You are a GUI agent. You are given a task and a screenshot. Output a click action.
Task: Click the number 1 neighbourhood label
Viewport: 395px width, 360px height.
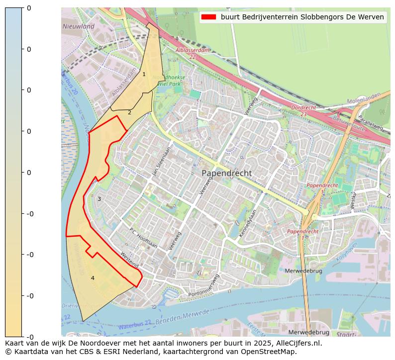pyautogui.click(x=144, y=75)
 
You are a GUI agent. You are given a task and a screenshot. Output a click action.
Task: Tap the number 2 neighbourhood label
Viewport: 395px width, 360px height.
pyautogui.click(x=129, y=112)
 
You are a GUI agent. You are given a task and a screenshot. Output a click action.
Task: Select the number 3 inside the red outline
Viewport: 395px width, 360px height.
pyautogui.click(x=99, y=199)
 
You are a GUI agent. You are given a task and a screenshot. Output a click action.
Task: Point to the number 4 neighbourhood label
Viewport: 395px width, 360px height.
pyautogui.click(x=93, y=278)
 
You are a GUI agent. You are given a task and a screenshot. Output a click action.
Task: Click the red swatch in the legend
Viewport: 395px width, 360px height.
pyautogui.click(x=208, y=17)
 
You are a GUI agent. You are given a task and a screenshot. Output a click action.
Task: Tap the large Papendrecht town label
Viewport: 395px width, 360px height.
pyautogui.click(x=226, y=173)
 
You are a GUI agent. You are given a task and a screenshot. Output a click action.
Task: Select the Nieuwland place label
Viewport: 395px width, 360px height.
pyautogui.click(x=78, y=26)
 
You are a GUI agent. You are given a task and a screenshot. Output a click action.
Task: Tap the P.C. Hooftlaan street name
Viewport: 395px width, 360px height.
pyautogui.click(x=143, y=238)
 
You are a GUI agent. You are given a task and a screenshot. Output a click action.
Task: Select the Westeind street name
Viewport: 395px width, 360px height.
pyautogui.click(x=129, y=260)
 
